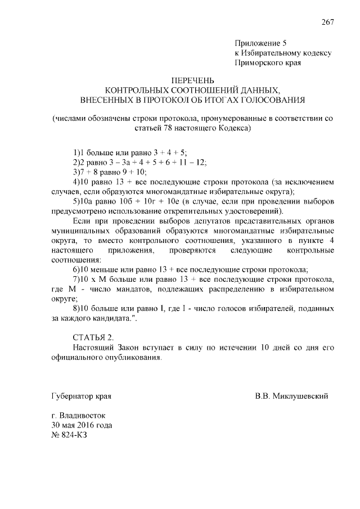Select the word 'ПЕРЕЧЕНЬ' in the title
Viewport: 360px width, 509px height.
(x=193, y=80)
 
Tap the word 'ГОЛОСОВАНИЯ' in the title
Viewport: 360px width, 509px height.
(x=271, y=100)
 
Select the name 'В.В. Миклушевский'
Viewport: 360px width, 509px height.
(x=291, y=395)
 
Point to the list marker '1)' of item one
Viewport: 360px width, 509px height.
(x=77, y=152)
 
